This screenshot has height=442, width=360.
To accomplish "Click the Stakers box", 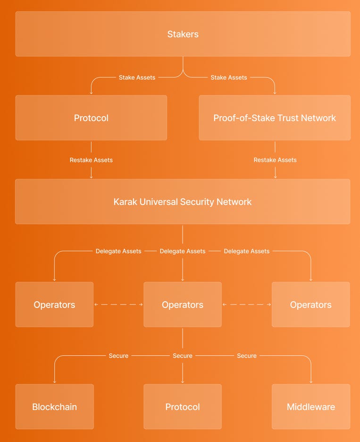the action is [183, 34].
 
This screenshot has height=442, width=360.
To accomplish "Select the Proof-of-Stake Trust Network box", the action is [275, 118].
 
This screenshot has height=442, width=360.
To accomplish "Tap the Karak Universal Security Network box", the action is [183, 202].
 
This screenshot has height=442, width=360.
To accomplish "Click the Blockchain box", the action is [54, 407].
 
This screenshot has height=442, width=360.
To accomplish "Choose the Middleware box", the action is [311, 407].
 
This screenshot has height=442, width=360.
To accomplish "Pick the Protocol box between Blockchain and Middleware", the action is [183, 407].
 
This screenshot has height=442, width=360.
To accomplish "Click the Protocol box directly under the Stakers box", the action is [91, 118].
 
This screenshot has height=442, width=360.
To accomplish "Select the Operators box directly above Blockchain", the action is [54, 305].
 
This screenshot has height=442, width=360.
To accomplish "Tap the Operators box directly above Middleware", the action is [311, 305].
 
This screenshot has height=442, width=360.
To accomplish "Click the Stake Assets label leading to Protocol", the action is [137, 77].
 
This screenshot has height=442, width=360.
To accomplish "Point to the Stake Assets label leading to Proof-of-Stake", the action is [229, 77].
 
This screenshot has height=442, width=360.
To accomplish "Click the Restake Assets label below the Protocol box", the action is [91, 160].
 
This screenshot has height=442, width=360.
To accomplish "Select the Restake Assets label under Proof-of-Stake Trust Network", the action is [275, 160].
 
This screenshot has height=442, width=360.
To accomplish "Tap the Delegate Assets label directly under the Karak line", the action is [183, 251].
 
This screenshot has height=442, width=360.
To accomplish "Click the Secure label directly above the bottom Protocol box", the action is [183, 356].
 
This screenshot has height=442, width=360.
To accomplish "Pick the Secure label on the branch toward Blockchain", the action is [118, 356].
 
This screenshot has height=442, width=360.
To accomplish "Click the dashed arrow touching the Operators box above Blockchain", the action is [118, 305].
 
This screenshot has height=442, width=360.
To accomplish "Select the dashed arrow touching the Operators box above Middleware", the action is [247, 305].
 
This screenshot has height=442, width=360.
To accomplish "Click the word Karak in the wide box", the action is [126, 202].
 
